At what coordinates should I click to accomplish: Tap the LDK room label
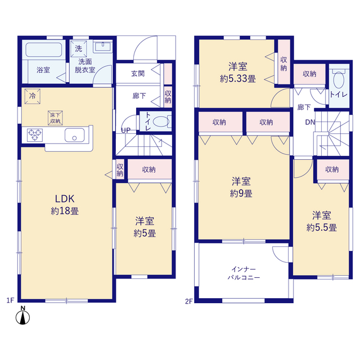coord(65,199)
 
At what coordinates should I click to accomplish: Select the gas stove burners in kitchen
coord(35,135)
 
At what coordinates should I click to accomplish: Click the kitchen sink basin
coord(75,135)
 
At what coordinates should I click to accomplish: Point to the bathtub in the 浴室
coord(44,49)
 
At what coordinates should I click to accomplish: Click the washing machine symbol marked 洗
coord(79,49)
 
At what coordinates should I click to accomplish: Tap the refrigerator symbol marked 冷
coord(33,96)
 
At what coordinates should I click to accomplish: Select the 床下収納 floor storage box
coord(55,118)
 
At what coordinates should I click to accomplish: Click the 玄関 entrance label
coord(138,74)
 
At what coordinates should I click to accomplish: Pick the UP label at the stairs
coord(125,130)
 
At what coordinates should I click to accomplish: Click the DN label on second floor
coord(310,122)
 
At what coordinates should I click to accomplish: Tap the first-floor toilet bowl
coord(161,121)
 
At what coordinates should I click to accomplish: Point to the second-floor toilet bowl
coord(339,80)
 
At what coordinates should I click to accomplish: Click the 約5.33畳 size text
coord(238,79)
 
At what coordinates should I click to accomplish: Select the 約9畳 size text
coord(241,193)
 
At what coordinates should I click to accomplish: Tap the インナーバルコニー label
coord(244,273)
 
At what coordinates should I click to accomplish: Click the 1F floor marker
coord(10,300)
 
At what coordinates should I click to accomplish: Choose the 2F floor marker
coord(189,301)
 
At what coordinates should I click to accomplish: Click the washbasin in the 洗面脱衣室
coord(103,47)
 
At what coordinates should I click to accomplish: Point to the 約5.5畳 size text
coord(321,227)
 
